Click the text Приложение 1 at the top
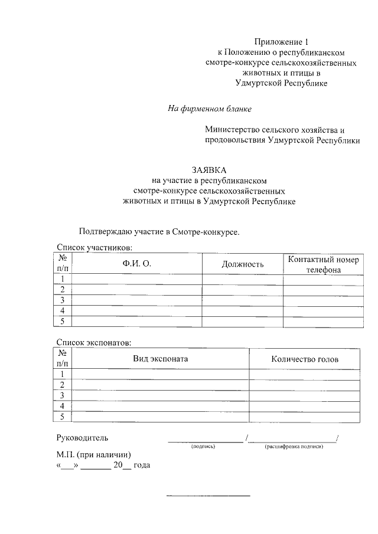point(281,41)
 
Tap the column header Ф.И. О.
point(137,264)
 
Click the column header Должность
point(242,264)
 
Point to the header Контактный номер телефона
point(322,264)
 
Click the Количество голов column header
point(305,359)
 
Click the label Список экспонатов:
point(94,342)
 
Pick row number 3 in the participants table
point(63,300)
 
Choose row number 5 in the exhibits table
point(63,417)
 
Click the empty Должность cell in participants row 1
point(242,279)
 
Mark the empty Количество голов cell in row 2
point(305,385)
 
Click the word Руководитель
point(82,438)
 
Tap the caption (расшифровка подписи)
point(294,447)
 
